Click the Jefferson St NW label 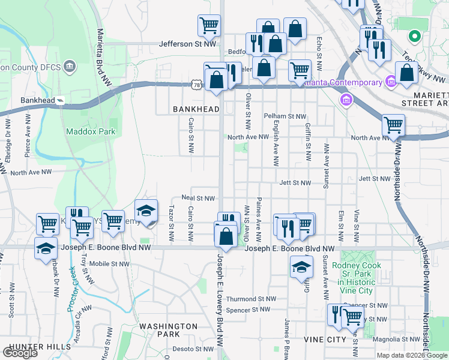click(x=187, y=44)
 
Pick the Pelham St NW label click(x=285, y=116)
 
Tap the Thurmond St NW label click(x=251, y=298)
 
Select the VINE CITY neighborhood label click(x=325, y=340)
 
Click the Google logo click(x=20, y=353)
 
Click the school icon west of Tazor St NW click(x=146, y=211)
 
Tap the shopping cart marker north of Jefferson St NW click(x=209, y=26)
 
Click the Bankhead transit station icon click(x=61, y=100)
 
